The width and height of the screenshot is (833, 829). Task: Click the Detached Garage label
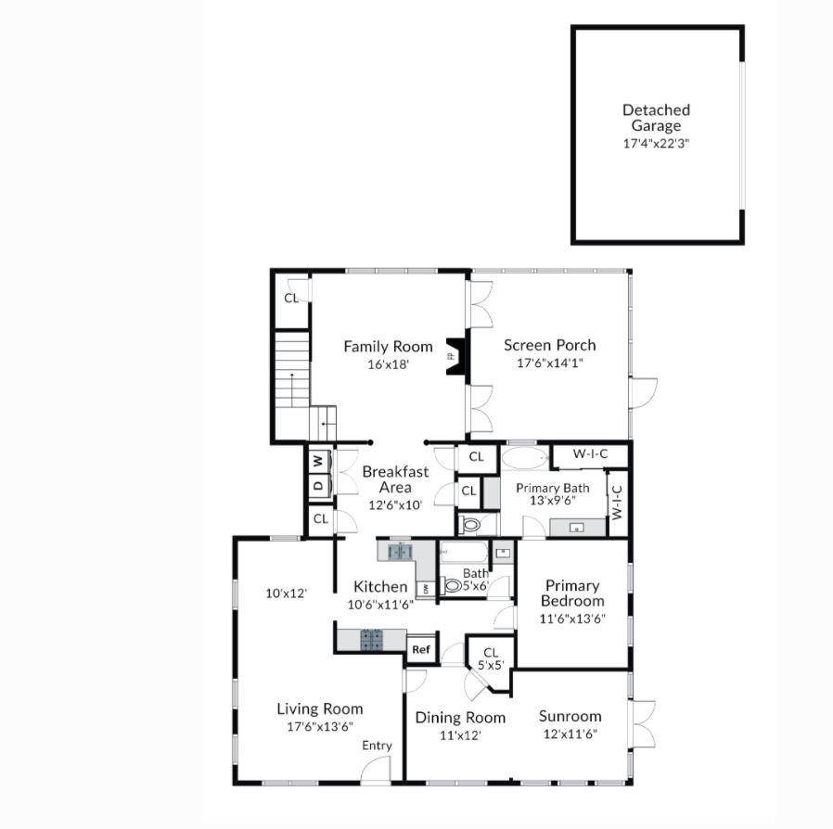[656, 118]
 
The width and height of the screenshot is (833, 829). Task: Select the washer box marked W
[318, 461]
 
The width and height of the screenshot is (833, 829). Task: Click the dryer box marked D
[318, 485]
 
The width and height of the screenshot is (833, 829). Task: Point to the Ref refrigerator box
[421, 649]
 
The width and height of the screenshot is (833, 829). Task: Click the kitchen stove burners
[371, 640]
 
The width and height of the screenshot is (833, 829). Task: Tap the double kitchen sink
[400, 552]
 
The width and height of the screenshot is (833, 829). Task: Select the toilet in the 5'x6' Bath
[452, 586]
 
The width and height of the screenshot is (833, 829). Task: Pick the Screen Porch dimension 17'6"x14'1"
[550, 363]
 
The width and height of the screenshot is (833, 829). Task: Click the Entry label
[377, 746]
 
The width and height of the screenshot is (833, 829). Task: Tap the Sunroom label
[570, 716]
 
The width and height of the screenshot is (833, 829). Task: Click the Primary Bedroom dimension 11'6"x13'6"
[572, 619]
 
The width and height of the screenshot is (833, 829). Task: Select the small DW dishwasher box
[426, 589]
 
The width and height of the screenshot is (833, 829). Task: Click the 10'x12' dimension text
[287, 593]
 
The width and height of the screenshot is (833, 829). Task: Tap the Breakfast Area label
[395, 479]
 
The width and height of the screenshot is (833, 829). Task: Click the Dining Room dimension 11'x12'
[460, 735]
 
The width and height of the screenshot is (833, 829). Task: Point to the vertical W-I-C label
[617, 503]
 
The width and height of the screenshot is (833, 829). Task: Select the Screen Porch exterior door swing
[644, 393]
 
